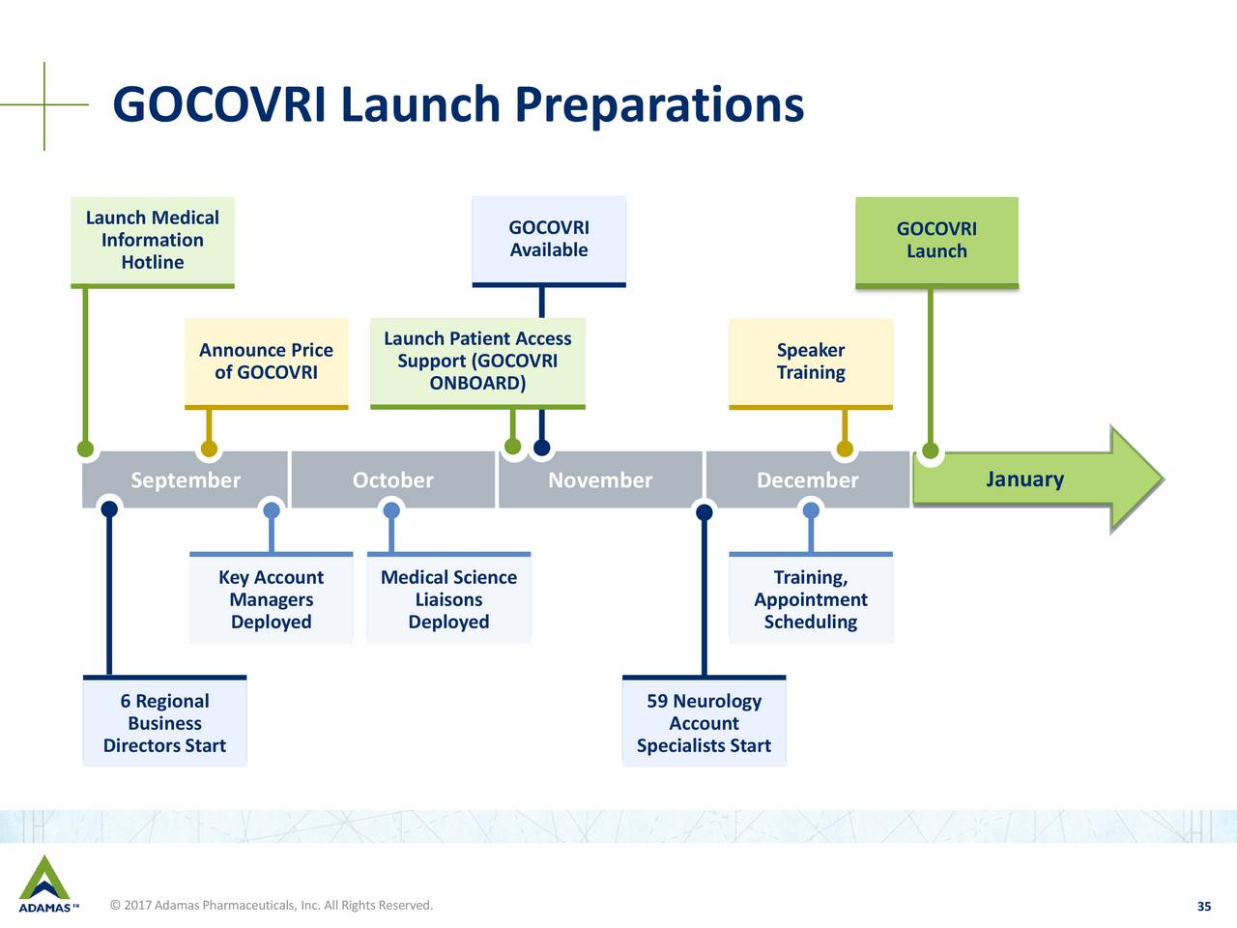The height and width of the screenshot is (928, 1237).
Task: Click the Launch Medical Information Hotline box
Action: (x=152, y=243)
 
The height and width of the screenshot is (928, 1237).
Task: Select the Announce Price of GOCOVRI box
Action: (x=266, y=363)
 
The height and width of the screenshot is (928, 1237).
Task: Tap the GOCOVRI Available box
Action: (x=549, y=241)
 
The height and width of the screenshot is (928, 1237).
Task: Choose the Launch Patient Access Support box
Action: (x=477, y=363)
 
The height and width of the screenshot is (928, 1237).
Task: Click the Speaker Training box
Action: (x=811, y=363)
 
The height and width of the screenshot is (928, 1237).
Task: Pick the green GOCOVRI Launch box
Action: (x=936, y=243)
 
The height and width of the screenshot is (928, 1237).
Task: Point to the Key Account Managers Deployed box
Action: (x=271, y=597)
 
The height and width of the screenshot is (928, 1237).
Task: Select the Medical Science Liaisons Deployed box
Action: (x=448, y=597)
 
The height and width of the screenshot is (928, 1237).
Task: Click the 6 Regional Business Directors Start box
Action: (x=164, y=721)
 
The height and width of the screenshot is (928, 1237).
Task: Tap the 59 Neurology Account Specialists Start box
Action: (x=704, y=721)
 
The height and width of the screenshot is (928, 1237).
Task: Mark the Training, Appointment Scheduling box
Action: (x=811, y=597)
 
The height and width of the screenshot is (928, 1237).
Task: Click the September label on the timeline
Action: (x=186, y=480)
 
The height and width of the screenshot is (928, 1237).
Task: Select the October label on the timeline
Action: (x=392, y=480)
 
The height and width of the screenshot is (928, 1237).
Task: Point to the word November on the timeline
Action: (x=600, y=480)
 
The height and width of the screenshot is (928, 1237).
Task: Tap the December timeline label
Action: (x=808, y=480)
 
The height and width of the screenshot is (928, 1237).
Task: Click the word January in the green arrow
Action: (x=1024, y=479)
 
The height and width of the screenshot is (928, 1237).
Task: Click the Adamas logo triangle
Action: (x=44, y=878)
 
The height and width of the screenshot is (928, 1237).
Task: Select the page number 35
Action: (x=1204, y=906)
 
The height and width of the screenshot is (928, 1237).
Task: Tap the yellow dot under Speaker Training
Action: (x=845, y=449)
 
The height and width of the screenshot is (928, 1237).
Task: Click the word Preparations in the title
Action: (x=659, y=105)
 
